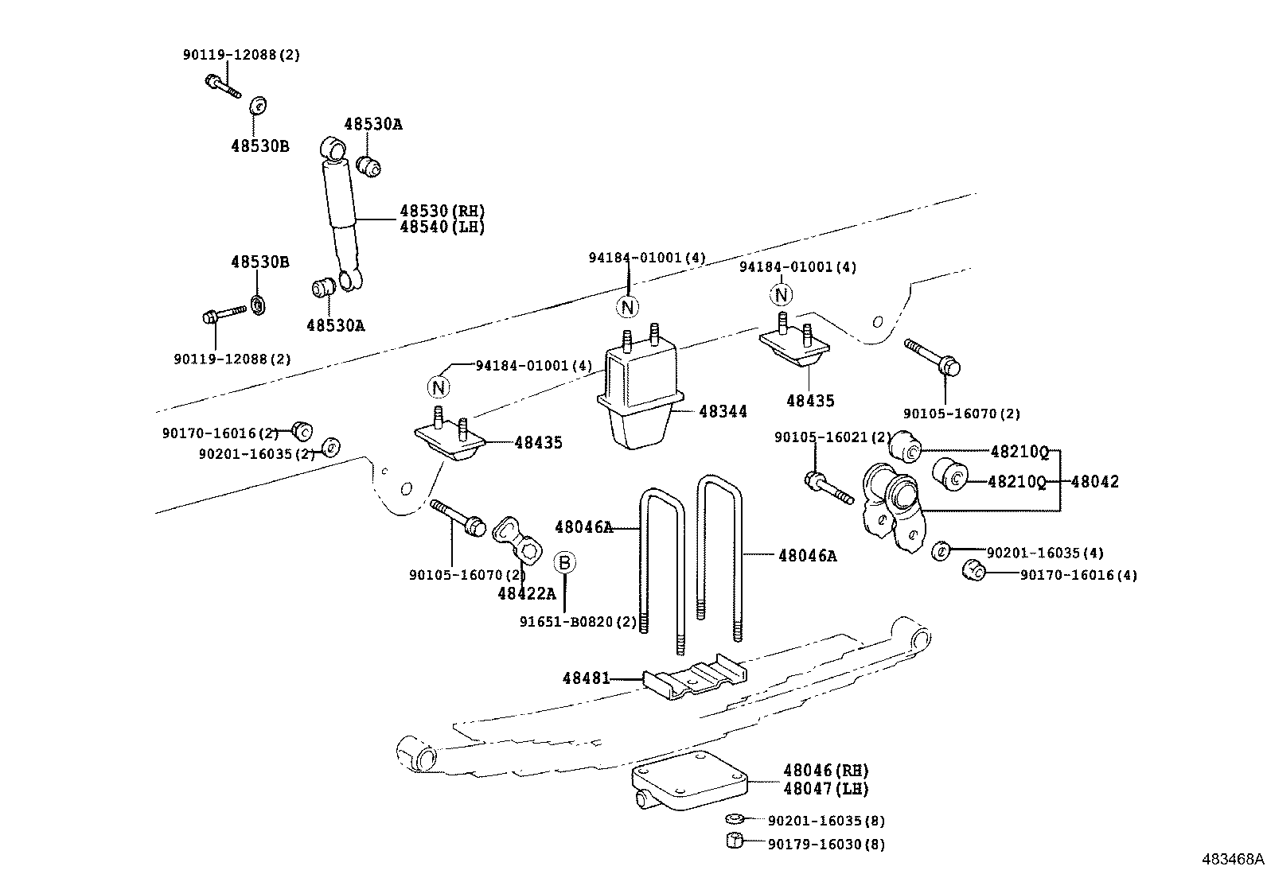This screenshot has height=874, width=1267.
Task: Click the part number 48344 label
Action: tap(723, 411)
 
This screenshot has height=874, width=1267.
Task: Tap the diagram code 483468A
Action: tap(1232, 859)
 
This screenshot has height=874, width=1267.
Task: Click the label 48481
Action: tap(586, 678)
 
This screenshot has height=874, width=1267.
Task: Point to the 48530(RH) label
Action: tap(442, 211)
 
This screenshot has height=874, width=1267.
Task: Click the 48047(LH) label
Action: tap(825, 788)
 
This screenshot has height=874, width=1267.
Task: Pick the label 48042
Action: tap(1094, 481)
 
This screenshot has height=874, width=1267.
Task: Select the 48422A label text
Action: tap(526, 592)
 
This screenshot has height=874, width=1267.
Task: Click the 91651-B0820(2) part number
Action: tap(579, 622)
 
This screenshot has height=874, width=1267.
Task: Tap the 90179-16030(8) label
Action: tap(826, 844)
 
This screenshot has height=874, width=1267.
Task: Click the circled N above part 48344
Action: tap(628, 307)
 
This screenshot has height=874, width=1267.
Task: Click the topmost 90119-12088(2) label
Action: tap(241, 55)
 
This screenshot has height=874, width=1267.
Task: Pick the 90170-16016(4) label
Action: tap(1078, 575)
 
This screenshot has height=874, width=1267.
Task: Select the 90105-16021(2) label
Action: tap(833, 437)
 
